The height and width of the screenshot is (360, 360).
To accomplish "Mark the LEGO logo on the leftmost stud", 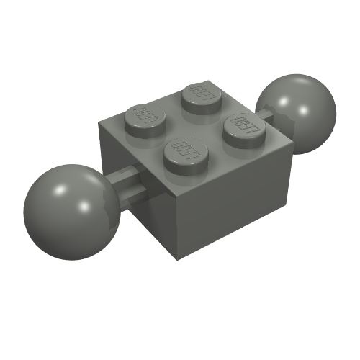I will pyautogui.click(x=147, y=114).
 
